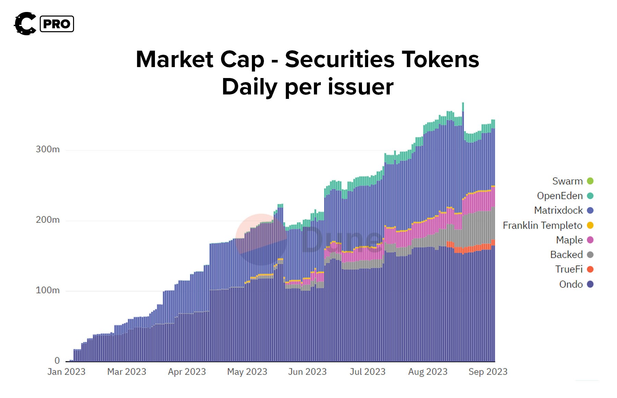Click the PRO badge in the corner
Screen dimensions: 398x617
57,24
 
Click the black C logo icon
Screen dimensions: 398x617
25,24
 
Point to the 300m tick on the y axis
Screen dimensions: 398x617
48,150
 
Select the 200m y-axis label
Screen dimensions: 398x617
48,220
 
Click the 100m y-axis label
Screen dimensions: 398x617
48,291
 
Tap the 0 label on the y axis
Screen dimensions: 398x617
57,361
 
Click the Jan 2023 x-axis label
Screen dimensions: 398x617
66,372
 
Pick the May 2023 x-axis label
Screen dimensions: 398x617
247,372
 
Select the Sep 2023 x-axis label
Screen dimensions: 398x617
488,372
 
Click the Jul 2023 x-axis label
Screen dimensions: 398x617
367,372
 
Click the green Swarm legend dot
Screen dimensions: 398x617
590,181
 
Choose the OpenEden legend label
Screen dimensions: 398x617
559,196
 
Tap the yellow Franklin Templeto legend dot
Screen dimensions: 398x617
590,225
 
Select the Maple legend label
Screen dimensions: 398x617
569,240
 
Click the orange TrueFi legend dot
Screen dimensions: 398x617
590,269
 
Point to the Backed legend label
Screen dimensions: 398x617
566,255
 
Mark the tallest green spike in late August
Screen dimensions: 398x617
463,106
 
